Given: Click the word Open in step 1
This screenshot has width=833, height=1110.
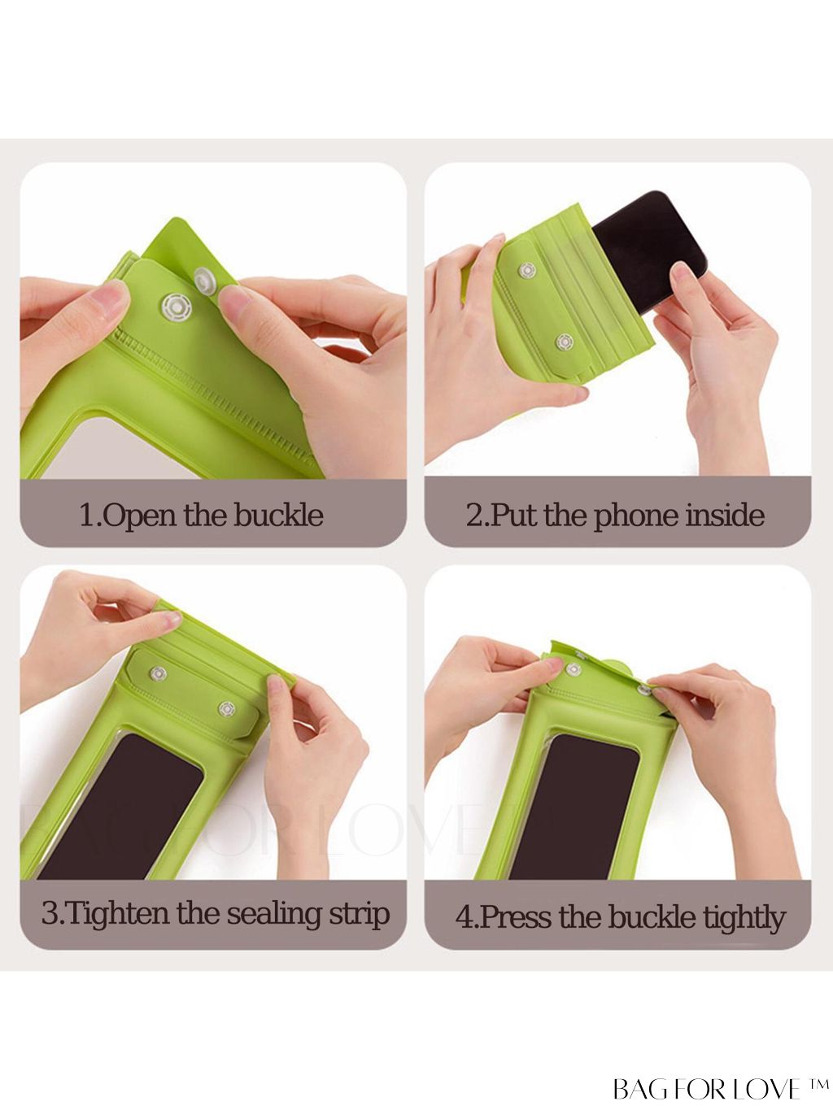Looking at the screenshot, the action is pyautogui.click(x=137, y=516).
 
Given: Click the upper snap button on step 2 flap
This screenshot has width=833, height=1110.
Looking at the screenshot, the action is pyautogui.click(x=527, y=271).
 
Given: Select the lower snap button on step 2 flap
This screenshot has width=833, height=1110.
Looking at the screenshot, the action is pyautogui.click(x=565, y=342).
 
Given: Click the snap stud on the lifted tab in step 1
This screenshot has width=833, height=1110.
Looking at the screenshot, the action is pyautogui.click(x=207, y=280).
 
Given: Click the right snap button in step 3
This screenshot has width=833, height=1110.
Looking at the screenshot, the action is pyautogui.click(x=226, y=709).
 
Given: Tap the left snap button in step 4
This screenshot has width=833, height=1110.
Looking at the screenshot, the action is pyautogui.click(x=573, y=669).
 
